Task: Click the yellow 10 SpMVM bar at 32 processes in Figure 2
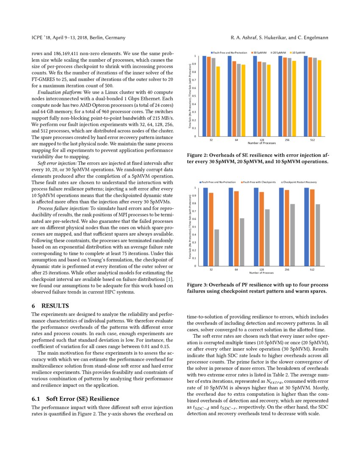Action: point(218,102)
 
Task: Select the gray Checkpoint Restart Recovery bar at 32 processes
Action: point(217,247)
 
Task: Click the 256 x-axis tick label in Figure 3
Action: point(287,269)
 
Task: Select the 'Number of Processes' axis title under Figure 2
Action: point(261,143)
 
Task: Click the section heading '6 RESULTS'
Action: point(50,305)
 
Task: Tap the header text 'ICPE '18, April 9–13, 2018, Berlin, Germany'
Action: point(78,38)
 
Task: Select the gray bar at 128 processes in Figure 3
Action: point(267,237)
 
